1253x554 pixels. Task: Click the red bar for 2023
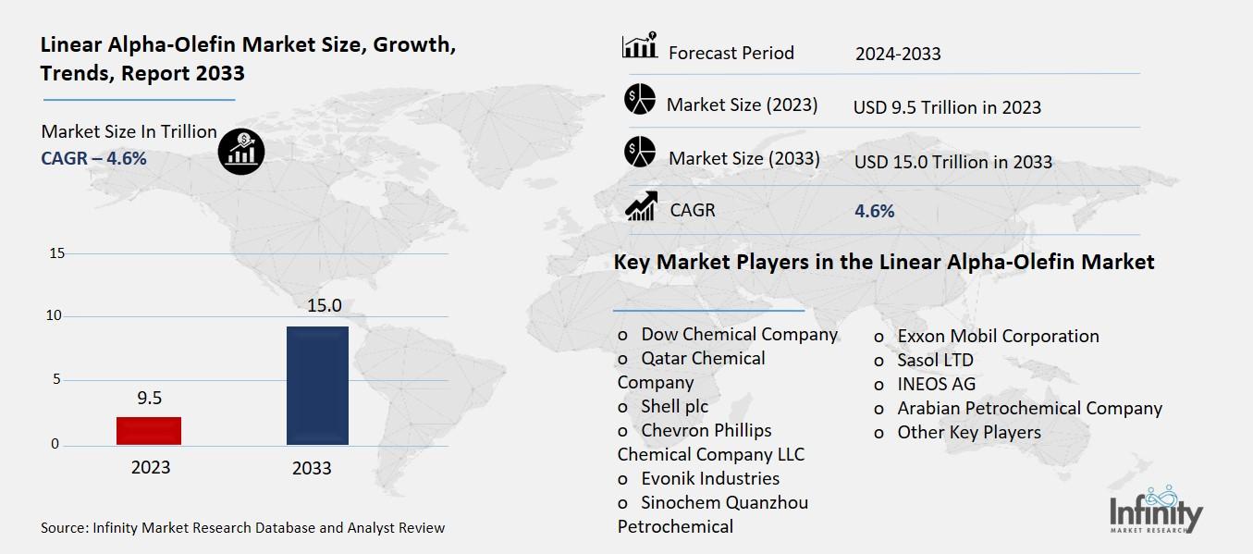(149, 430)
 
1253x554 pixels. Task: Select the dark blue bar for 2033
(317, 385)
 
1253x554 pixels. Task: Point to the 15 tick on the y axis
(55, 253)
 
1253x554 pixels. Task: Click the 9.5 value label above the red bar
(150, 398)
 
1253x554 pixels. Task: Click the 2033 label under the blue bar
(312, 468)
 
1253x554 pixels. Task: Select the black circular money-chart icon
(241, 151)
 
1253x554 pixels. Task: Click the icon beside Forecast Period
(639, 45)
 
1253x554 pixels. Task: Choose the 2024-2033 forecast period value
(898, 54)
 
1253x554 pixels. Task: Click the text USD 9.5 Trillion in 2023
(947, 107)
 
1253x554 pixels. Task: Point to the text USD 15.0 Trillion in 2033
(952, 162)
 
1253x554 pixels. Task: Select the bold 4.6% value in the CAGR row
(875, 211)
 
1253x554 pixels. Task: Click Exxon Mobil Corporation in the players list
(998, 336)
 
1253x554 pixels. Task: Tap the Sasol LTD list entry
(935, 360)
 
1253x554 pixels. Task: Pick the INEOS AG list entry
(936, 384)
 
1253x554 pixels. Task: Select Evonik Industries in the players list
(709, 478)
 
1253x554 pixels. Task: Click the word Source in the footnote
(63, 528)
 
